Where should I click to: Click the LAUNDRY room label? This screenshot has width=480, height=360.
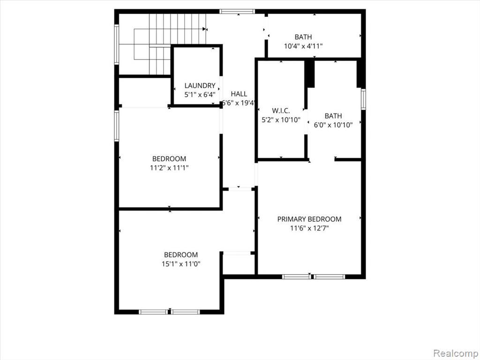(200, 86)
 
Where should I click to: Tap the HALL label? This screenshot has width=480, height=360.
(239, 94)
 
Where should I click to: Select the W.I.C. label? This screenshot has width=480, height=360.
(281, 111)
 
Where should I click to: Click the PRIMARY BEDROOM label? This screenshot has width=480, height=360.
(309, 219)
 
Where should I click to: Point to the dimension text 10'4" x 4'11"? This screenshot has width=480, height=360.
(303, 46)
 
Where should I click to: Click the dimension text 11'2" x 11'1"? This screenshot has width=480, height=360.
(169, 168)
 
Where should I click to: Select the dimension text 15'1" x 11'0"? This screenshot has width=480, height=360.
(181, 264)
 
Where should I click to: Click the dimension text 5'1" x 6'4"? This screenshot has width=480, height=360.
(200, 95)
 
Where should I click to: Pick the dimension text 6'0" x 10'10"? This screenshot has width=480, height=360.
(333, 125)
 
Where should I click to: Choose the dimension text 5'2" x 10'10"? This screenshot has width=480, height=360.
(281, 120)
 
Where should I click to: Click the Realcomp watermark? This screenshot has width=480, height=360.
(456, 353)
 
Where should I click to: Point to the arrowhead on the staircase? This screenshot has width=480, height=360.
(204, 29)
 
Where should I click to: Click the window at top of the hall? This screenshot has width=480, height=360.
(237, 12)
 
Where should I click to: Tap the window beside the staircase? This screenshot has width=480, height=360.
(117, 45)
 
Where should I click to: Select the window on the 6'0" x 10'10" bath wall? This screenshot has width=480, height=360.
(363, 99)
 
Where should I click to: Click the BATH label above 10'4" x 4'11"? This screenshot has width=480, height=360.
(303, 37)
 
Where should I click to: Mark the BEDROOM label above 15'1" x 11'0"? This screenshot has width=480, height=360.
(181, 255)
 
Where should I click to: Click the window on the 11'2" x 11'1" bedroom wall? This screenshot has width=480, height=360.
(117, 126)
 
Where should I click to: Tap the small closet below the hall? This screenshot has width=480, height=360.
(239, 264)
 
